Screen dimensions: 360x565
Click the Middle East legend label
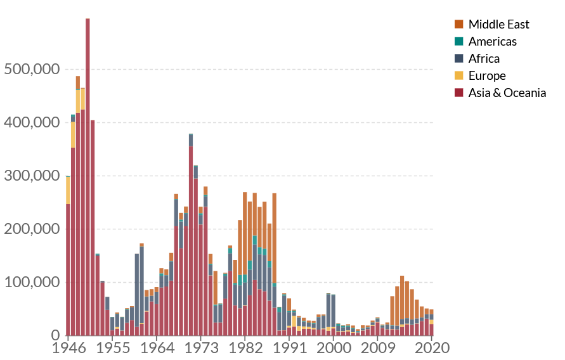(x=498, y=25)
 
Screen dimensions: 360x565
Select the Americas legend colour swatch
(x=459, y=42)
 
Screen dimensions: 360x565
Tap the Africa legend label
(x=484, y=59)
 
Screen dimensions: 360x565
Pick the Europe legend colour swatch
(x=459, y=76)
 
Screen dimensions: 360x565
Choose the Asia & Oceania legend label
(x=507, y=93)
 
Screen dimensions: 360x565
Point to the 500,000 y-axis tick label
(x=32, y=69)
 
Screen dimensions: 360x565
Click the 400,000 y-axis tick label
(x=32, y=122)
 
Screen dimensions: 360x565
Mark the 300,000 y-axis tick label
(x=32, y=176)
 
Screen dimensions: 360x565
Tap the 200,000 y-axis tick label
(x=32, y=229)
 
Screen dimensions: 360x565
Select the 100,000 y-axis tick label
(x=32, y=282)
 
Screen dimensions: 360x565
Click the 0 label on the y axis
(x=56, y=335)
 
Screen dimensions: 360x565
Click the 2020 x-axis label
(x=432, y=348)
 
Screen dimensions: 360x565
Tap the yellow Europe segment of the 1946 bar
(x=68, y=190)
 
